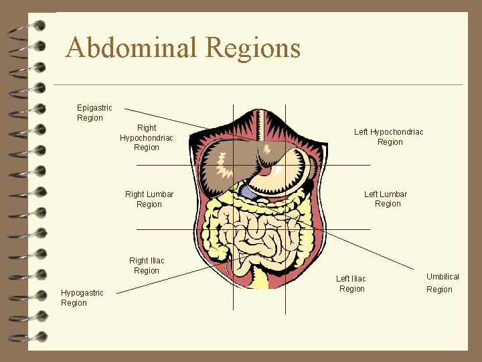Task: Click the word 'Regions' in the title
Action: [x=254, y=48]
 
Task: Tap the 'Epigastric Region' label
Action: [x=94, y=113]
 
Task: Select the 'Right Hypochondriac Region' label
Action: [x=146, y=137]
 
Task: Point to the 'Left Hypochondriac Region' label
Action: [x=388, y=137]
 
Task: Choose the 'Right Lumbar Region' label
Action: [x=149, y=199]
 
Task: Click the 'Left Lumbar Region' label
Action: [x=386, y=199]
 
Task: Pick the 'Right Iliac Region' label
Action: [x=147, y=265]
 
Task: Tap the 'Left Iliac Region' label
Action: [x=351, y=284]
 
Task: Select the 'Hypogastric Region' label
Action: [x=82, y=298]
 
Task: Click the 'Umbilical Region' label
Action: [x=442, y=283]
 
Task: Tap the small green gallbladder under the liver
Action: [x=232, y=186]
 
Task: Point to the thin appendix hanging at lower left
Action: [x=228, y=268]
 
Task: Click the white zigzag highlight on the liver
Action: [x=221, y=162]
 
